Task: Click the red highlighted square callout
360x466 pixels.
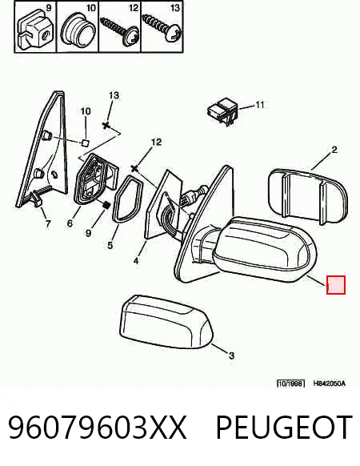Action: point(336,285)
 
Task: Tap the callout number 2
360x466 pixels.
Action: point(334,150)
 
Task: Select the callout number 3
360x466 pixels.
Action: point(231,356)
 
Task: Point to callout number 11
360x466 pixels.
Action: point(260,105)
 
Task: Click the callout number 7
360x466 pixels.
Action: point(48,223)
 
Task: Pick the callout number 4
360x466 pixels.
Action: point(136,261)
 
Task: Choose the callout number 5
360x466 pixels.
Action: point(110,245)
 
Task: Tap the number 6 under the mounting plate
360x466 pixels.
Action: point(70,223)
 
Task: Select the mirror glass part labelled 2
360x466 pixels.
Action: point(307,196)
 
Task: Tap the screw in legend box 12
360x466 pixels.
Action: point(119,30)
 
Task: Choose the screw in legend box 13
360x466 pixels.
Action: point(162,29)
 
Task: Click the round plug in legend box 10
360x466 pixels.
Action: point(78,31)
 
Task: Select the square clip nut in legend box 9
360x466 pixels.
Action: point(34,29)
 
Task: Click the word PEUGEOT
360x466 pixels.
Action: point(284,428)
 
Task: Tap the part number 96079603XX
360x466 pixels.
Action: point(98,428)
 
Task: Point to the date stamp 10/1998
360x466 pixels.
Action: point(290,384)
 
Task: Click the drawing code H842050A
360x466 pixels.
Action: point(330,384)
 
